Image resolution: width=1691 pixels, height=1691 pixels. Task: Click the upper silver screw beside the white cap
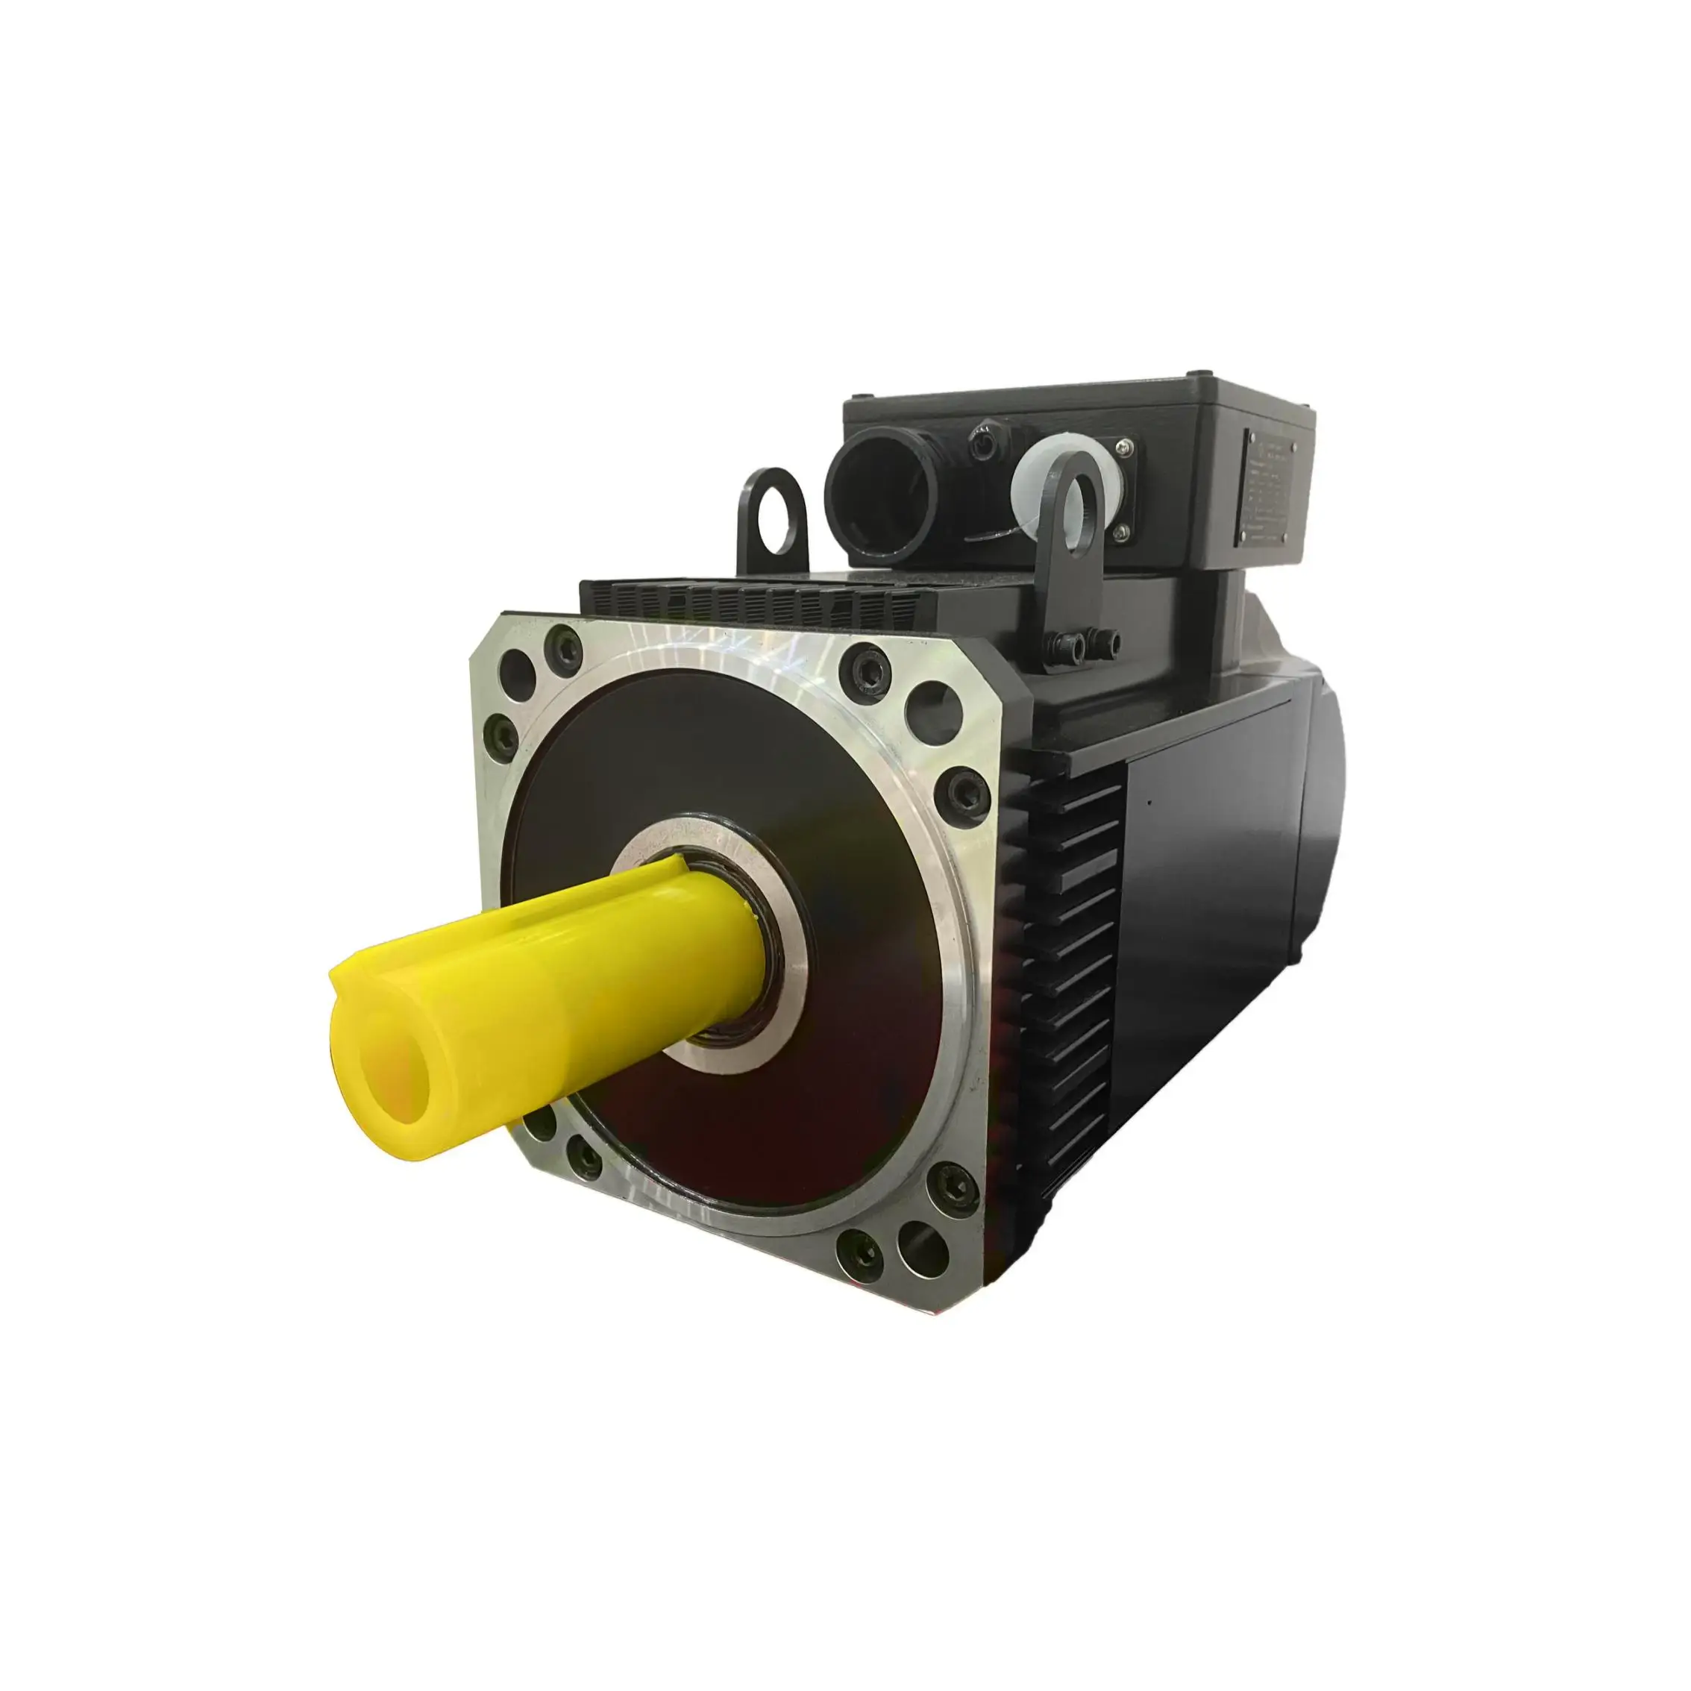click(x=1126, y=449)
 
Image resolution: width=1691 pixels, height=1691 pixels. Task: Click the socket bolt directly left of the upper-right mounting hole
click(x=865, y=668)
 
